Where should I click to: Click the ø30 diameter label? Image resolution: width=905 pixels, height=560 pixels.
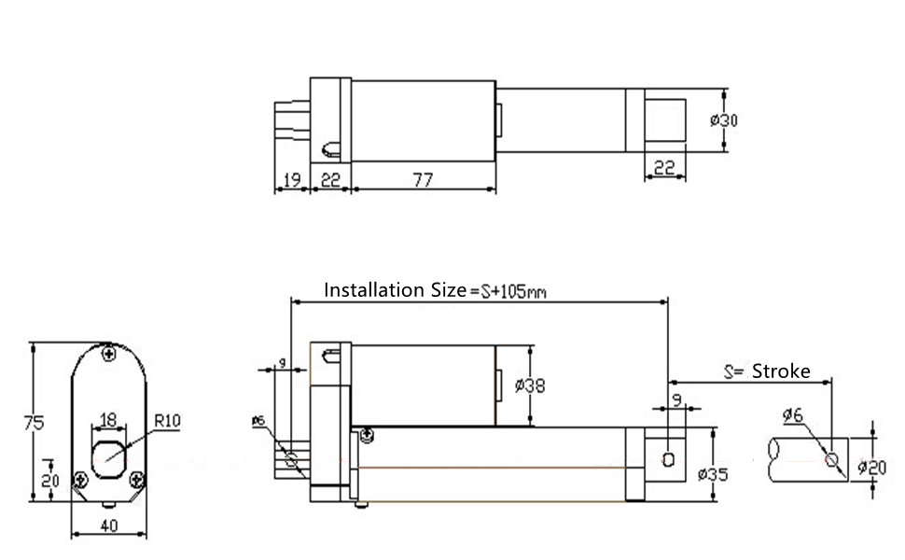pos(724,120)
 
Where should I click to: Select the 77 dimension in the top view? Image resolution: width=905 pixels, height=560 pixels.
pos(423,180)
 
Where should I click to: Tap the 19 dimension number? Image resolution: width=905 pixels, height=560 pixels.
pos(291,179)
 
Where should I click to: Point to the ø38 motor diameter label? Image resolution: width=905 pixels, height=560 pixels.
pos(529,385)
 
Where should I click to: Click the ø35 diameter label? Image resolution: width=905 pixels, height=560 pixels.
pos(713,474)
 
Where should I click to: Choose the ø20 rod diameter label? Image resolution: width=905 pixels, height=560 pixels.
pos(871,467)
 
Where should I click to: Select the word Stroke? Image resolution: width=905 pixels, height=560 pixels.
pos(781,371)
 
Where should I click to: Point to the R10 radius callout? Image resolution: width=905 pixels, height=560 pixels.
pos(167,420)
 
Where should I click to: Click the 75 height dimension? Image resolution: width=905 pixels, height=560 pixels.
pos(34,423)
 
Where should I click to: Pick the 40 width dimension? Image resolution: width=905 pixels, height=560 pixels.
pos(109,525)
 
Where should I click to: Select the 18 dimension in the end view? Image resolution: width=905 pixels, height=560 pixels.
pos(108,420)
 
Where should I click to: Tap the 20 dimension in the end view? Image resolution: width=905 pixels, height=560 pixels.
pos(49,481)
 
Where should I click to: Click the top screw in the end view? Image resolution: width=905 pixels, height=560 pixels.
pos(108,354)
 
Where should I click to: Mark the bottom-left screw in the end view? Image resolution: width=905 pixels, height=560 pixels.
pos(81,479)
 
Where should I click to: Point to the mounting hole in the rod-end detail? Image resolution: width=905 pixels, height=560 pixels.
pos(831,459)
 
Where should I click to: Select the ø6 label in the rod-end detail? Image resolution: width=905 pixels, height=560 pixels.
pos(792,414)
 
